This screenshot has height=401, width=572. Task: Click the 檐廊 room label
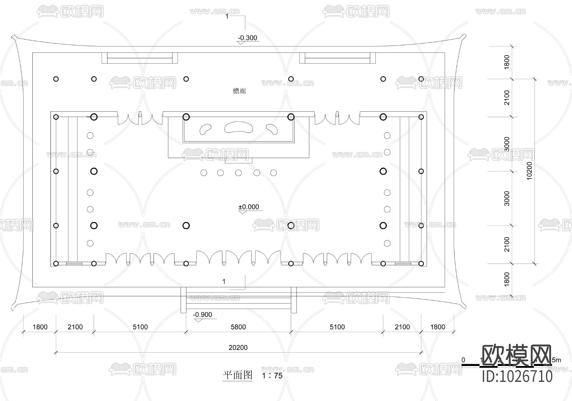click(239, 91)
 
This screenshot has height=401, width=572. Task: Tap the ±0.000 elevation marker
click(249, 207)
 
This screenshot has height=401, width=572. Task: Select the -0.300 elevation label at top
click(248, 38)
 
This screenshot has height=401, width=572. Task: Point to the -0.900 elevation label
click(202, 315)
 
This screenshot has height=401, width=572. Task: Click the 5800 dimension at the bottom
click(238, 327)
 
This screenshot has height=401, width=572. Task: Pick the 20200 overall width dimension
click(238, 348)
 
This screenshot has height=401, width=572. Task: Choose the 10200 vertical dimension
click(529, 171)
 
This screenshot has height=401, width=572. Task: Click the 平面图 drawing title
click(237, 375)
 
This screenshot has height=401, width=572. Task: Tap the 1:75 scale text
click(272, 376)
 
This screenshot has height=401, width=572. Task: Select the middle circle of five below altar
click(238, 173)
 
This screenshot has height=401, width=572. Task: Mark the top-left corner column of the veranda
click(56, 79)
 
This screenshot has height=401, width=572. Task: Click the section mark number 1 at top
click(227, 16)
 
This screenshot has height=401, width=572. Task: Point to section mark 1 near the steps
click(224, 282)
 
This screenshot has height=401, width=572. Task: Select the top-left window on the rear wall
click(140, 58)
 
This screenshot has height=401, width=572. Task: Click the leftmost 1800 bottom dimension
click(40, 327)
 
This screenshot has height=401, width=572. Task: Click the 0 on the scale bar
click(463, 360)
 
